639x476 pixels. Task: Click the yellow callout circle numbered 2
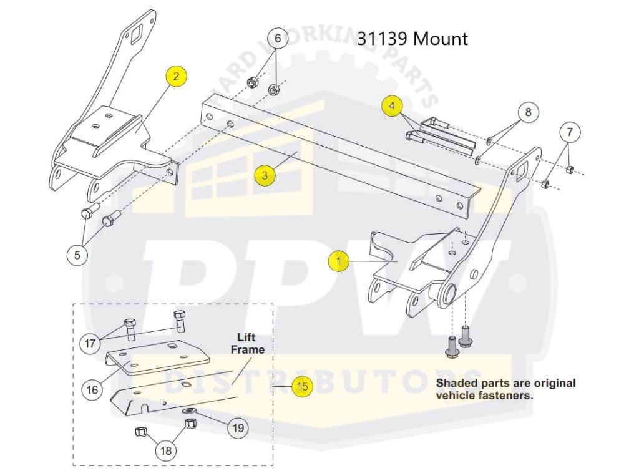click(176, 77)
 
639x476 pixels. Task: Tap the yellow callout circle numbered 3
click(265, 175)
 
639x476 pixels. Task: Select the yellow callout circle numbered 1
click(339, 261)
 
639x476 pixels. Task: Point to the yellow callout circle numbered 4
click(392, 107)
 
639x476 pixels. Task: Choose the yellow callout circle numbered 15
click(302, 387)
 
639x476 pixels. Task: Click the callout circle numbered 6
click(278, 39)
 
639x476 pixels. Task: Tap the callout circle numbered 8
click(528, 112)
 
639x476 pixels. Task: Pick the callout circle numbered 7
click(569, 132)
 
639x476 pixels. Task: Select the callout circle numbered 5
click(77, 255)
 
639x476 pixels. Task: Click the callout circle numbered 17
click(90, 342)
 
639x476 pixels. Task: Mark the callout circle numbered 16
click(92, 390)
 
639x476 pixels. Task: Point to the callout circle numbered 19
click(237, 428)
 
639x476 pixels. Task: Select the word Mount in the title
click(441, 39)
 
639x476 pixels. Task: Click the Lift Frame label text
click(248, 344)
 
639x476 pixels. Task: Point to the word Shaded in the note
click(456, 383)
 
